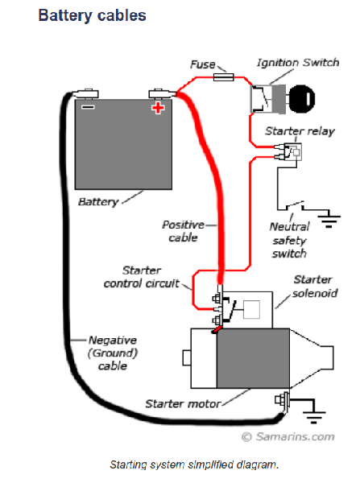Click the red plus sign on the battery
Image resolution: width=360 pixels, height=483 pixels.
[158, 108]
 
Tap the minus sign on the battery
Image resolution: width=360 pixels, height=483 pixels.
[88, 107]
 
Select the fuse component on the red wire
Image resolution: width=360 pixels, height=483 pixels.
[223, 77]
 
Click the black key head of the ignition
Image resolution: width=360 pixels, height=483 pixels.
[302, 99]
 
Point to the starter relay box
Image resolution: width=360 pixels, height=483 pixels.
[292, 151]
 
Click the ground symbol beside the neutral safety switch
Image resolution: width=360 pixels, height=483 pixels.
[329, 219]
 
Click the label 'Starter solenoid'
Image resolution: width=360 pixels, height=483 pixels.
[315, 286]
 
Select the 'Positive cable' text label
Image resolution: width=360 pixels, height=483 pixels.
[184, 231]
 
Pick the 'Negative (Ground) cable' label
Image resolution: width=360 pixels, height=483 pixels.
[113, 353]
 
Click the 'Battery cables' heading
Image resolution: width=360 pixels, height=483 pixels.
[92, 15]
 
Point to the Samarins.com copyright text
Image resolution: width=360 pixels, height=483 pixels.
[288, 436]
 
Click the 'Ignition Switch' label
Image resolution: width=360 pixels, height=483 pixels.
[298, 63]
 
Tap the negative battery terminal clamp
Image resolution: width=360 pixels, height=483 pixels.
[87, 93]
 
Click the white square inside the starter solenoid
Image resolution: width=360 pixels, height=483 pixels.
[251, 309]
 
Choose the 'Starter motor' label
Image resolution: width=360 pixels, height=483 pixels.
[183, 404]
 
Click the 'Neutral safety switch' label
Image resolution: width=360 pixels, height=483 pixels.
[289, 240]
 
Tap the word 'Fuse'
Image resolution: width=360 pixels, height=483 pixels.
[203, 64]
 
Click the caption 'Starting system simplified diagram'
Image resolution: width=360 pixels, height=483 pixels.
[194, 464]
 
